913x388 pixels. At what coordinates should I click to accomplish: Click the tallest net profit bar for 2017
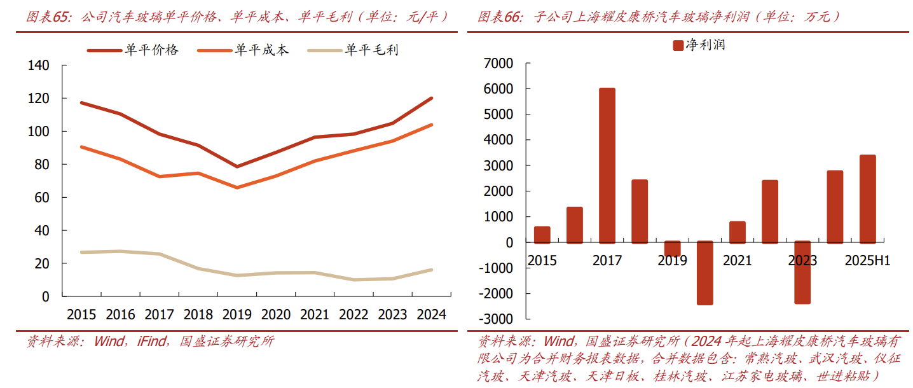[x=607, y=165]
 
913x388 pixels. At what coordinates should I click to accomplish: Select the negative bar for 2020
[x=704, y=273]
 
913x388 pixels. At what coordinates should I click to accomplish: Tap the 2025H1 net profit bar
[x=867, y=198]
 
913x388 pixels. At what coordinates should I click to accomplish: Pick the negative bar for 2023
[x=802, y=272]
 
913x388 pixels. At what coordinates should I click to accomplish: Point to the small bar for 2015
[x=542, y=235]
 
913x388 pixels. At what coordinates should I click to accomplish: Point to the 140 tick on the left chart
[x=38, y=66]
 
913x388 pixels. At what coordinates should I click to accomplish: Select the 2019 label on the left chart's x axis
[x=237, y=314]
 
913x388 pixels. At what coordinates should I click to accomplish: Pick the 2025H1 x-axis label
[x=867, y=261]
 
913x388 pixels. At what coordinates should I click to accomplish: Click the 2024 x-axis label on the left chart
[x=431, y=314]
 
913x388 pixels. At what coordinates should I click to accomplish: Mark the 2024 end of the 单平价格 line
[x=431, y=98]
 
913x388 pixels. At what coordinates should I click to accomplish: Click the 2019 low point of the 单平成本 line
[x=237, y=188]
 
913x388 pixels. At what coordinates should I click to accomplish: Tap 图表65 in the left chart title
[x=50, y=17]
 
